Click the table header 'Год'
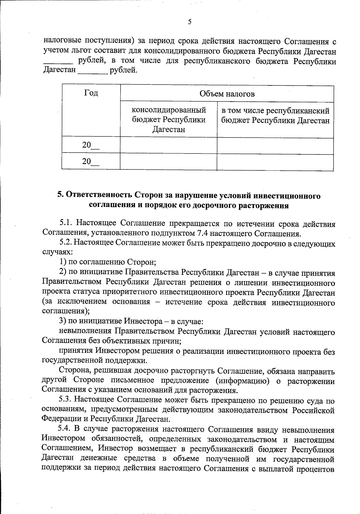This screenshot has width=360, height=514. click(91, 93)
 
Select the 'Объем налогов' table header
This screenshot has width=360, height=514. click(227, 94)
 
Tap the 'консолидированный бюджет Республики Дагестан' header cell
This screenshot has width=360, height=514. click(169, 120)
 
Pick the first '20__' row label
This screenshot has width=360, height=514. click(91, 145)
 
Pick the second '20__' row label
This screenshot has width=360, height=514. click(91, 162)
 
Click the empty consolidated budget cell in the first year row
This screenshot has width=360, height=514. click(169, 145)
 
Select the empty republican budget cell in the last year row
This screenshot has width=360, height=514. click(275, 162)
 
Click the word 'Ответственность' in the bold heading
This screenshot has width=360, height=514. click(98, 196)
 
